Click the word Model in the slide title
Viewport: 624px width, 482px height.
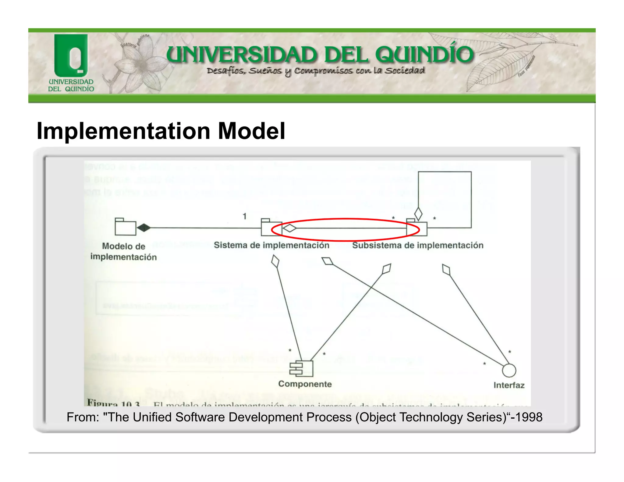[252, 131]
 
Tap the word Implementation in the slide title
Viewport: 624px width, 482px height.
[123, 131]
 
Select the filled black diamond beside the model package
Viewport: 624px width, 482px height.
[144, 228]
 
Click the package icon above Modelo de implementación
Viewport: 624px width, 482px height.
[125, 227]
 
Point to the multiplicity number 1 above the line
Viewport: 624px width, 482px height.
[244, 216]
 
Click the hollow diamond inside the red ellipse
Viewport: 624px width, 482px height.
[289, 228]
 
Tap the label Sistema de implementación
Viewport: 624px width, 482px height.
[271, 245]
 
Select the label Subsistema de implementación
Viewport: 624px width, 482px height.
[418, 245]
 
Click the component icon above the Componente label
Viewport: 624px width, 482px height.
[301, 368]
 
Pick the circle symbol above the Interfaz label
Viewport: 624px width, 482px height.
[509, 370]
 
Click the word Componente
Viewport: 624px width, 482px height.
[305, 384]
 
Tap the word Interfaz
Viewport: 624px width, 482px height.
[509, 385]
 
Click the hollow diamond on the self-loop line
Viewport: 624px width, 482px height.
[418, 214]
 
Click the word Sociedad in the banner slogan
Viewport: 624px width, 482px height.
[405, 71]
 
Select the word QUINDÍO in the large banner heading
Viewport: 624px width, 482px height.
[424, 55]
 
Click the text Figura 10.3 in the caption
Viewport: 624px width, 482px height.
[113, 403]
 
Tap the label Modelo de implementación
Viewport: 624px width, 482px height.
[123, 251]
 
